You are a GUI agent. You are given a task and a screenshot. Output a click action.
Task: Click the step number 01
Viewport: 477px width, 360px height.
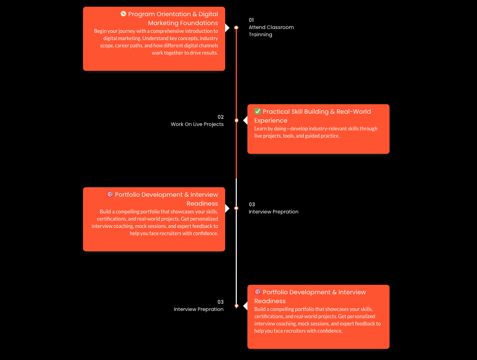coord(251,20)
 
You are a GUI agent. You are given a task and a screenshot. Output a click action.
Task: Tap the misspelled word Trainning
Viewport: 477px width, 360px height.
coord(260,35)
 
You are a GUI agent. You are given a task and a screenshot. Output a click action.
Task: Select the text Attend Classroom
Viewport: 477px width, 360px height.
coord(271,27)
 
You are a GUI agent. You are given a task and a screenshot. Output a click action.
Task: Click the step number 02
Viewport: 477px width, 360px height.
coord(221,117)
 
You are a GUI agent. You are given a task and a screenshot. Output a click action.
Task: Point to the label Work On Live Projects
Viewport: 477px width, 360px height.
coord(197,124)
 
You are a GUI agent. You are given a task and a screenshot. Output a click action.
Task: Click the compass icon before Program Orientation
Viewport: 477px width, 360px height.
coord(123,14)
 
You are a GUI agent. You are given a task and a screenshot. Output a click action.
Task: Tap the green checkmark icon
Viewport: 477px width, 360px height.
coord(257,111)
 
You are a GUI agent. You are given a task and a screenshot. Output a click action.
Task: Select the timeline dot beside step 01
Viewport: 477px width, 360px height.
coord(236,28)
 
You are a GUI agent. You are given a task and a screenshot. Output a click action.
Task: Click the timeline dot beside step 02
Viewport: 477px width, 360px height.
coord(236,120)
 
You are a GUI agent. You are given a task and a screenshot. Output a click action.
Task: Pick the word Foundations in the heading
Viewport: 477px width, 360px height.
coord(199,23)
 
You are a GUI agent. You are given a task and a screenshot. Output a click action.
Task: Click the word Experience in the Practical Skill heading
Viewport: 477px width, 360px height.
coord(271,120)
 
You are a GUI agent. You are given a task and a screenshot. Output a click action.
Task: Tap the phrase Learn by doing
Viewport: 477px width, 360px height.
coord(270,129)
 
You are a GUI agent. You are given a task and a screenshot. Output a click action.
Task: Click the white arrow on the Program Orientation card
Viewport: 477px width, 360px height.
coord(227,28)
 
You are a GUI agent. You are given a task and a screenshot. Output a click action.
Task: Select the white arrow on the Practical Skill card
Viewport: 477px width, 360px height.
coord(245,120)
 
